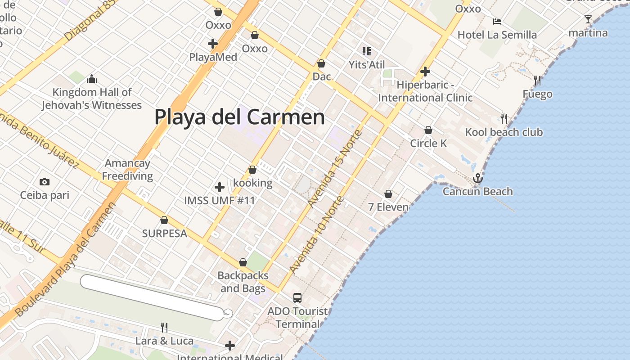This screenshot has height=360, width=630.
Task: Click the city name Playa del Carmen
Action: coord(239,117)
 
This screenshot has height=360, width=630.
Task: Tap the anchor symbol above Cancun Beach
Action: coord(477,179)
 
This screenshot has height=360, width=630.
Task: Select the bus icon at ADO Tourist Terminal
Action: coord(297,297)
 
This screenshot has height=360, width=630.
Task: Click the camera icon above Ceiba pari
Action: coord(44,182)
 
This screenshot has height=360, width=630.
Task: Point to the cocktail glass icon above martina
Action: coord(588,19)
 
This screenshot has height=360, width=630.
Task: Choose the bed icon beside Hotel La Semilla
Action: coord(497,22)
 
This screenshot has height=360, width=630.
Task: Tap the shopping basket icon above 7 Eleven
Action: coord(388,194)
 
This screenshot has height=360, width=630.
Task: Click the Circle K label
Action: coord(428,144)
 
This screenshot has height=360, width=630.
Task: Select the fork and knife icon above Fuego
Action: coord(537,81)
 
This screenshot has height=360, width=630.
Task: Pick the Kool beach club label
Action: coord(504,132)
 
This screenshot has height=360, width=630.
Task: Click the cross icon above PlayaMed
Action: coord(213,44)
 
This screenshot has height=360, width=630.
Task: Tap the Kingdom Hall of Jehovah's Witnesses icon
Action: coord(92,79)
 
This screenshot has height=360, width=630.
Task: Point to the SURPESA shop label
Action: coord(164,234)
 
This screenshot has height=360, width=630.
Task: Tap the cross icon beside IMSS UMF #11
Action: coord(220,187)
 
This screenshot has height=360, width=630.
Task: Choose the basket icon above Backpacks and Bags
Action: coord(243,262)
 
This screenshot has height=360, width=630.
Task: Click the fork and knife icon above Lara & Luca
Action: coord(164,327)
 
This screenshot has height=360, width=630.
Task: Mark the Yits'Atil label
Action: coord(367,65)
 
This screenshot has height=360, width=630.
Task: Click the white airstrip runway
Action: coord(153,298)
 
